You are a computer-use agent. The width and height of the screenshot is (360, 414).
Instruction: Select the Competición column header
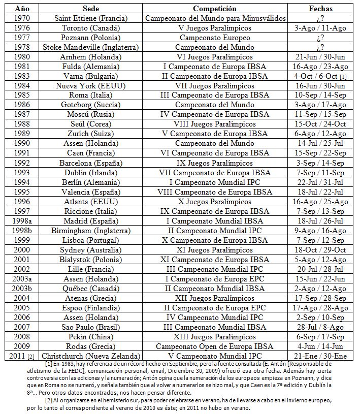215,9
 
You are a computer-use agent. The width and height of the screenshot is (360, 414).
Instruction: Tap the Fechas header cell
320,9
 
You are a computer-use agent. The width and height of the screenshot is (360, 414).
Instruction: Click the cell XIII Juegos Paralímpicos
215,336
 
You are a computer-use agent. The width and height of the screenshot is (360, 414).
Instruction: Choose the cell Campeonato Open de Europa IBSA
215,345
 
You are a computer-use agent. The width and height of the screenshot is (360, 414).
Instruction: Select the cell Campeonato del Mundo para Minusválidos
215,18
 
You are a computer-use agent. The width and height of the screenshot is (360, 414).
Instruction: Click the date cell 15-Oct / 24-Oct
320,124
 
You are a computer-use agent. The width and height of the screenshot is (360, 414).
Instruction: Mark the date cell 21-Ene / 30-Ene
320,355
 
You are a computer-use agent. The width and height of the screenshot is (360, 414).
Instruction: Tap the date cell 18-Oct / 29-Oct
320,249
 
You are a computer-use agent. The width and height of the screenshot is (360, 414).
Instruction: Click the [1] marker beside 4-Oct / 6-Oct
344,76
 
